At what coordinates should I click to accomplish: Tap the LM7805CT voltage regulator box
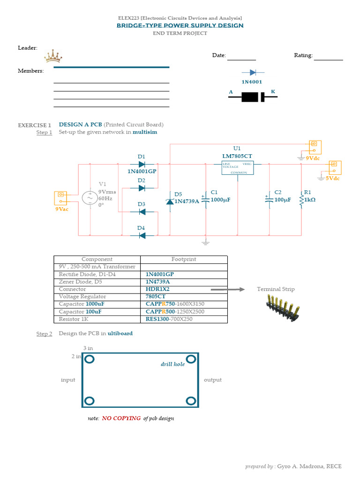(x=237, y=168)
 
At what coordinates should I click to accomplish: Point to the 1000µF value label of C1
(x=221, y=200)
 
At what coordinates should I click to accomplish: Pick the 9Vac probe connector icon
(x=61, y=197)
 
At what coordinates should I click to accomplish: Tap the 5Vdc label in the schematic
(x=332, y=179)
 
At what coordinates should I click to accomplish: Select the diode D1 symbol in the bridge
(x=142, y=164)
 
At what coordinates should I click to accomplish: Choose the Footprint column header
(x=184, y=259)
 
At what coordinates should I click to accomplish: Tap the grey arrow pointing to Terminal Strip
(x=227, y=290)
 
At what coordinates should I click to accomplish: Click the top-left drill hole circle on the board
(x=90, y=360)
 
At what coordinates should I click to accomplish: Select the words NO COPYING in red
(x=121, y=418)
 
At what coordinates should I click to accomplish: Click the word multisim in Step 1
(x=145, y=132)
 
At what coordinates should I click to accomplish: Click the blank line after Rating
(x=328, y=58)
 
